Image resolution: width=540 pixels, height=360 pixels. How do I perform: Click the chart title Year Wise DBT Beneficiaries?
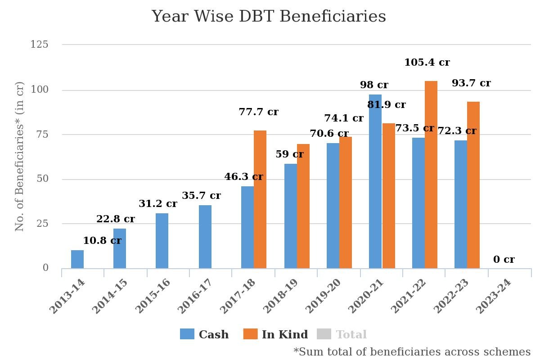(269, 17)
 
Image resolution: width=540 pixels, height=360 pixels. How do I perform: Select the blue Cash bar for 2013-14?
(77, 259)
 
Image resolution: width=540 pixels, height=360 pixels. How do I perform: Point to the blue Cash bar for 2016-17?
(205, 237)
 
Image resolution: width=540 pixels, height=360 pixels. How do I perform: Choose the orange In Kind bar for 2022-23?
(473, 185)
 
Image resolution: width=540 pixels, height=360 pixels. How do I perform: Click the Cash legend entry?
(205, 334)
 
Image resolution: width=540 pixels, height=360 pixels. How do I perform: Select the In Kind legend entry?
(275, 334)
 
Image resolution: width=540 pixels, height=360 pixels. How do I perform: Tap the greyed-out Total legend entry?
(342, 334)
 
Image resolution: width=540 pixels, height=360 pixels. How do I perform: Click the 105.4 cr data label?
(427, 63)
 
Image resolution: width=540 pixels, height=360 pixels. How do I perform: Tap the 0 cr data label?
(504, 260)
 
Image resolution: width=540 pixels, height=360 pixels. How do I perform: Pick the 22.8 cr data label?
(115, 219)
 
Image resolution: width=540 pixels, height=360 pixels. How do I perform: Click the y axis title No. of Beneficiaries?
(19, 156)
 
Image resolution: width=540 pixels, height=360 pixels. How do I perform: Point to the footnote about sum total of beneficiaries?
(412, 351)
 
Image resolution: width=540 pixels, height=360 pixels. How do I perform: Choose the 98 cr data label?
(374, 85)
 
